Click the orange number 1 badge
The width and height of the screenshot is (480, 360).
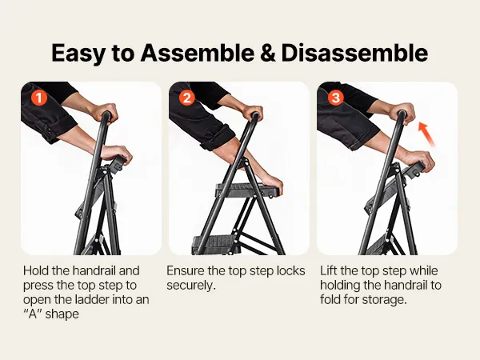pos(39,98)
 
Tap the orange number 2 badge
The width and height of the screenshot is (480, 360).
pos(187,98)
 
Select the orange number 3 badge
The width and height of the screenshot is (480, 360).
pos(335,98)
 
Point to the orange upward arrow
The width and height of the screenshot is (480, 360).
pos(426,134)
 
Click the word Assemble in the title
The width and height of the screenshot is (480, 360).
pos(197,54)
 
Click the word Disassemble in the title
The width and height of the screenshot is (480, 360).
pos(354,54)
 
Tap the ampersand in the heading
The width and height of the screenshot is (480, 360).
pos(267,54)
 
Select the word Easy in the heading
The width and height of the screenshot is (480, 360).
pos(78,54)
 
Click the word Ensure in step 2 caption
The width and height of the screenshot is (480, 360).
pos(186,271)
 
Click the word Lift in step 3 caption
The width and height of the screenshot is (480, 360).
pos(328,271)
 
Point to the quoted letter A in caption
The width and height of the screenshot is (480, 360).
pos(32,314)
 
